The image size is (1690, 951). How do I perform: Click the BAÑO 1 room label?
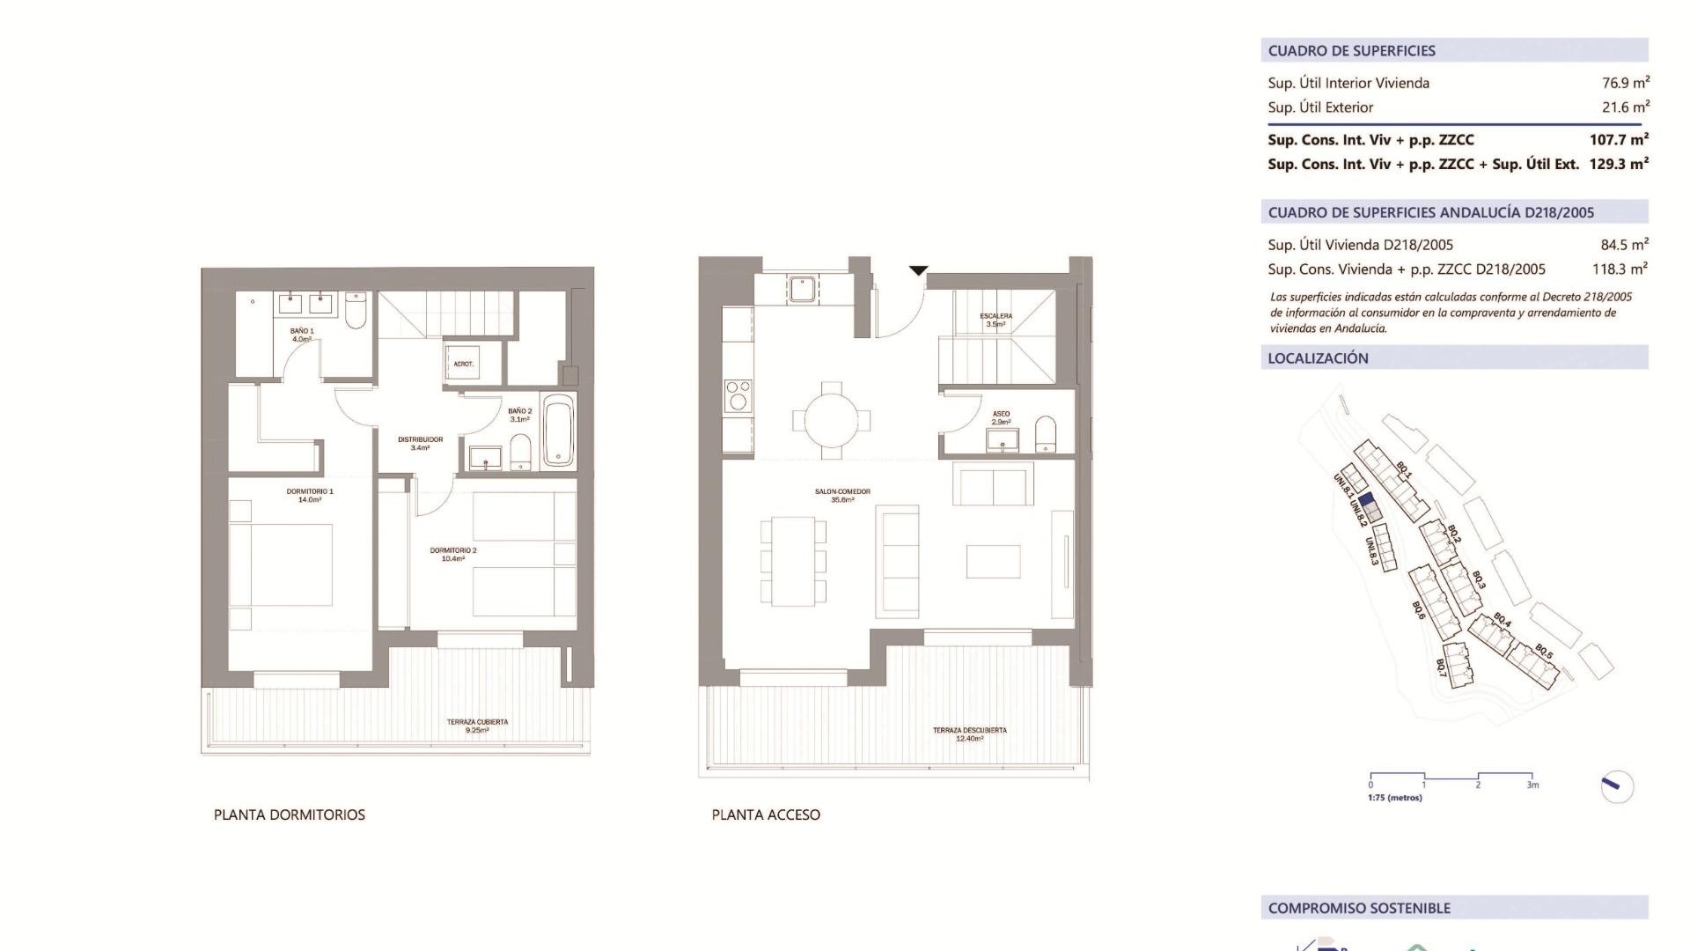pyautogui.click(x=302, y=335)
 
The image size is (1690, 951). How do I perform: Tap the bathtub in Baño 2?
pyautogui.click(x=559, y=431)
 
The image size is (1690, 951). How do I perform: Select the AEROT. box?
pyautogui.click(x=463, y=363)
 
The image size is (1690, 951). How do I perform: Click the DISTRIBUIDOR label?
pyautogui.click(x=420, y=443)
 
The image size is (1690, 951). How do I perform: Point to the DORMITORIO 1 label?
pyautogui.click(x=310, y=495)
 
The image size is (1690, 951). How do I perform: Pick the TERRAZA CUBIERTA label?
pyautogui.click(x=477, y=726)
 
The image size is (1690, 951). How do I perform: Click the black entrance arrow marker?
pyautogui.click(x=918, y=271)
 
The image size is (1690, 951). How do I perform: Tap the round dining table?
pyautogui.click(x=831, y=420)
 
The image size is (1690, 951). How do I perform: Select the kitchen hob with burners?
pyautogui.click(x=738, y=394)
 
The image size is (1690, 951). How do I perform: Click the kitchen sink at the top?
pyautogui.click(x=802, y=288)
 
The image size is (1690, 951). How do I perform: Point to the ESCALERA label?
pyautogui.click(x=996, y=320)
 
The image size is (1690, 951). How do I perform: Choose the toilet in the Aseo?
pyautogui.click(x=1045, y=434)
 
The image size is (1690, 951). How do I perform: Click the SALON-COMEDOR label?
pyautogui.click(x=842, y=495)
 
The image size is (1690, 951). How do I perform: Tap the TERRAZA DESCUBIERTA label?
pyautogui.click(x=969, y=734)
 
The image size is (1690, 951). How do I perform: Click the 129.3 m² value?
pyautogui.click(x=1619, y=164)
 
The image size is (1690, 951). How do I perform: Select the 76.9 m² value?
pyautogui.click(x=1625, y=83)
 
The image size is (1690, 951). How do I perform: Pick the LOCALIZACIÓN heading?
pyautogui.click(x=1318, y=358)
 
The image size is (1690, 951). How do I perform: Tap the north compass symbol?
pyautogui.click(x=1616, y=786)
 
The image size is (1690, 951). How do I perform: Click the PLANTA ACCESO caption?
pyautogui.click(x=766, y=815)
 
